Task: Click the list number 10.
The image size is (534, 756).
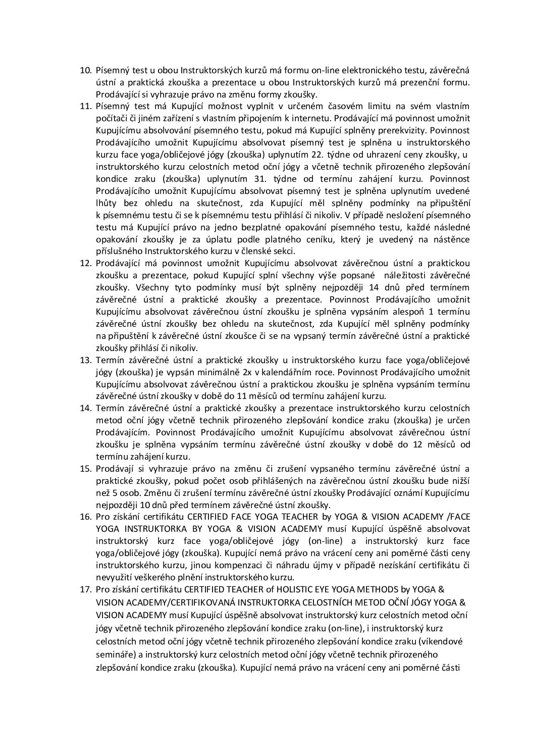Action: [x=85, y=70]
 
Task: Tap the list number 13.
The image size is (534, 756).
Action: [x=85, y=360]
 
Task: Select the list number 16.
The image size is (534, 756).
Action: [x=85, y=517]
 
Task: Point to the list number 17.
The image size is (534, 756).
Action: [x=85, y=590]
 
